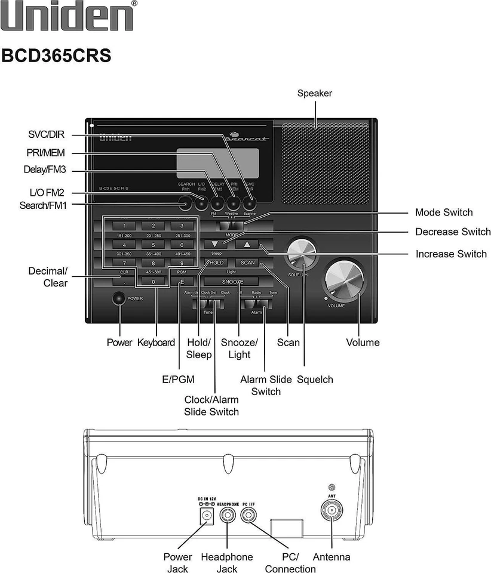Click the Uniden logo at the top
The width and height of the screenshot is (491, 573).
67,17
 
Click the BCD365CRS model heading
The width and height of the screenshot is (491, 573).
56,56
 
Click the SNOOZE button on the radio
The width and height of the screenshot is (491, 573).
232,281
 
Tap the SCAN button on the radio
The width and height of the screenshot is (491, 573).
247,263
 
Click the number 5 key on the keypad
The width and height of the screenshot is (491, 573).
153,245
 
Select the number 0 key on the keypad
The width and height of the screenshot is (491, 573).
153,281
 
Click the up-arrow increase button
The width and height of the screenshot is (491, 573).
247,244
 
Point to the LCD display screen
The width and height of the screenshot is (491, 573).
217,160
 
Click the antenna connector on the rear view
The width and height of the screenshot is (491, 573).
332,511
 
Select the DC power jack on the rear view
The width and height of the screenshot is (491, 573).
207,516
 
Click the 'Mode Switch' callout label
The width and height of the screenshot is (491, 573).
443,212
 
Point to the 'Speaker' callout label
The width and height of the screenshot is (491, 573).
314,93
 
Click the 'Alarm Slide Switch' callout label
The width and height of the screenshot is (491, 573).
266,386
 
